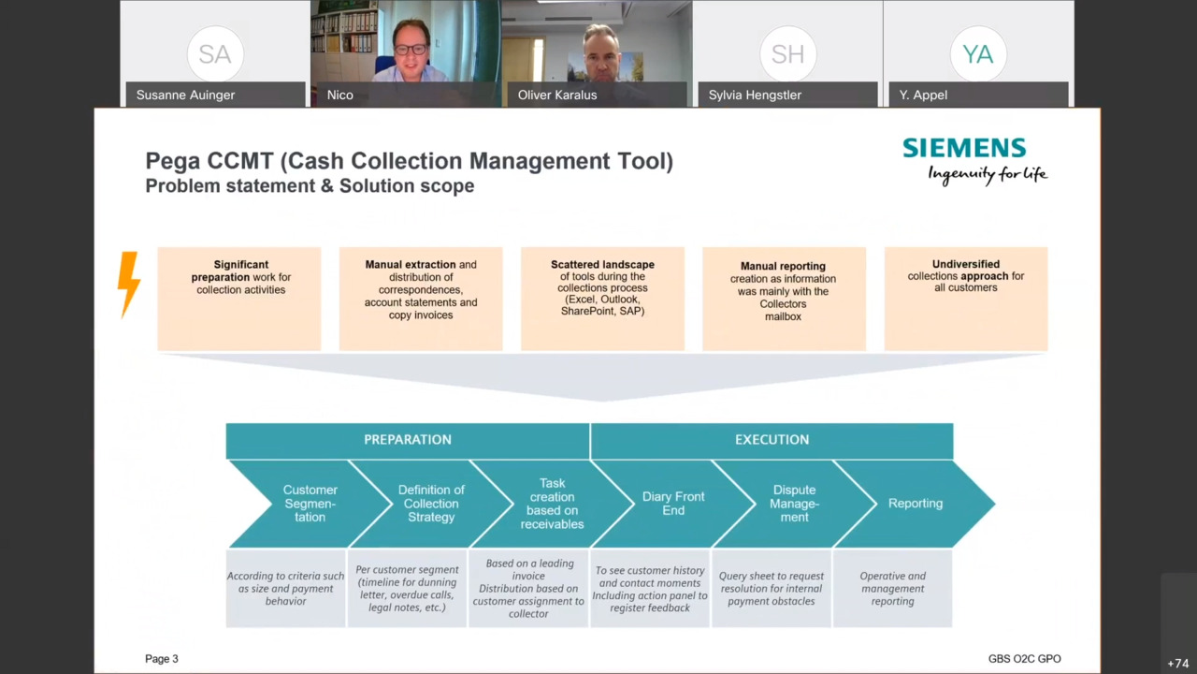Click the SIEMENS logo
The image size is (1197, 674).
click(x=964, y=148)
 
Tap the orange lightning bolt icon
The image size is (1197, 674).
click(x=129, y=285)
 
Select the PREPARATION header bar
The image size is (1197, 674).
click(x=408, y=440)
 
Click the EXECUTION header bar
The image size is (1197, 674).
click(x=772, y=440)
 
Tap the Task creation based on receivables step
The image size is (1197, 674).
click(x=552, y=504)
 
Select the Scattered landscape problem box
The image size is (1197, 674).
click(x=603, y=299)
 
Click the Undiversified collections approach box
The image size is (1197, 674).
click(x=966, y=299)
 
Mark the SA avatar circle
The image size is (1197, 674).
click(x=215, y=54)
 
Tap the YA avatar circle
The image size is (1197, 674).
click(x=978, y=54)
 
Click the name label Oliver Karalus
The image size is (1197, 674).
click(x=556, y=95)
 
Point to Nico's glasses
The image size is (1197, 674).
click(x=411, y=50)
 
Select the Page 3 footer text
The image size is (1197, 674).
click(x=162, y=659)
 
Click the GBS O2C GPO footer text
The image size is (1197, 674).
click(x=1024, y=659)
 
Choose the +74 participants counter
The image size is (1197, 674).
click(x=1178, y=664)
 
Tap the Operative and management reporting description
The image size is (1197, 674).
click(x=892, y=589)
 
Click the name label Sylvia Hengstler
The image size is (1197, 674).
click(x=755, y=95)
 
